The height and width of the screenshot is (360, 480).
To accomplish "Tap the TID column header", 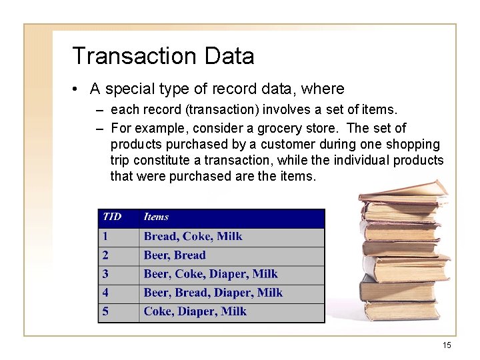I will (112, 217).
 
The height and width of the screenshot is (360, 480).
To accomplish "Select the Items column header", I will (156, 217).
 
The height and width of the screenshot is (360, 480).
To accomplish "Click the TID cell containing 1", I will (105, 236).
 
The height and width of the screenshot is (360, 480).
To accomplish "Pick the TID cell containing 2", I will (105, 255).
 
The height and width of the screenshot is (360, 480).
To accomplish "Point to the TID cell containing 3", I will (105, 273).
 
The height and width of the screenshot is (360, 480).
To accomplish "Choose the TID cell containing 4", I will (105, 293).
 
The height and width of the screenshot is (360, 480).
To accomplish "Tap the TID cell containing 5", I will (105, 311).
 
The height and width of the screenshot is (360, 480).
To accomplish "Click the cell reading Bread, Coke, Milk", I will (193, 236).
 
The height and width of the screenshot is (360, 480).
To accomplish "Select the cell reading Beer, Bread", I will (175, 255).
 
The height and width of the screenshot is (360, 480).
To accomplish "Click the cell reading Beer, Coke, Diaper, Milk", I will (211, 273).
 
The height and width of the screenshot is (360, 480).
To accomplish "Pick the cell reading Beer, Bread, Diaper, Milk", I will (213, 293).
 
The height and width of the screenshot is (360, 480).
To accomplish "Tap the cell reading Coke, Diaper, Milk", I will (195, 311).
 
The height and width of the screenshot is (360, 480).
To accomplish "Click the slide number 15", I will (447, 345).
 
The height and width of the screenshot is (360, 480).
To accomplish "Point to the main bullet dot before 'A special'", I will (77, 89).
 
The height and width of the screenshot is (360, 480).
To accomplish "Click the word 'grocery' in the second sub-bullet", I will (313, 128).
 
